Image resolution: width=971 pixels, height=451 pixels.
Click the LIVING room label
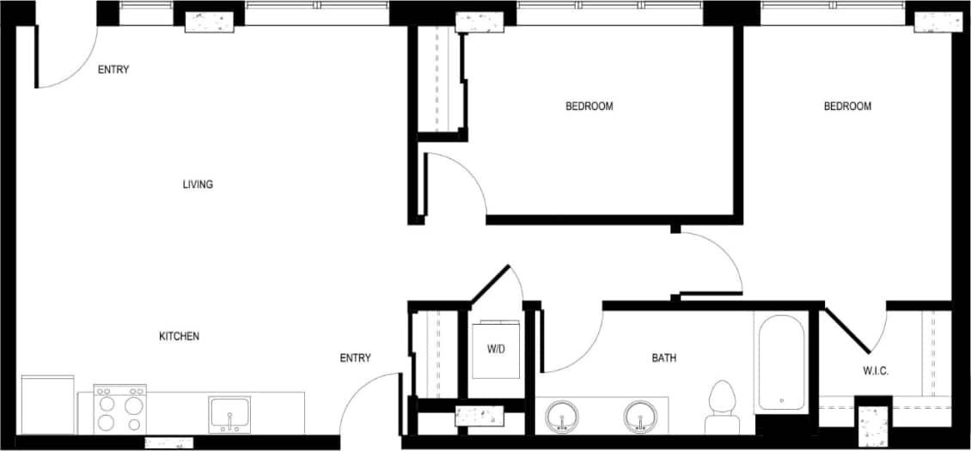pyautogui.click(x=198, y=185)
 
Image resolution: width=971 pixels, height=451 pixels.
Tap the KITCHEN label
pyautogui.click(x=179, y=337)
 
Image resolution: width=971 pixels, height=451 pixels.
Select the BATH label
pyautogui.click(x=663, y=358)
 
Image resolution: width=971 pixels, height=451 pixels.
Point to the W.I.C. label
pyautogui.click(x=875, y=371)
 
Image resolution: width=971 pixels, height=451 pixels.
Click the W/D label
pyautogui.click(x=496, y=350)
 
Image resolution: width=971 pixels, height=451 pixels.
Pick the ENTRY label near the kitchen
pyautogui.click(x=355, y=358)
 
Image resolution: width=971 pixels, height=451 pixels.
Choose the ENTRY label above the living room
pyautogui.click(x=113, y=70)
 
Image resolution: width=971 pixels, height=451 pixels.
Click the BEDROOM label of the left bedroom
pyautogui.click(x=589, y=107)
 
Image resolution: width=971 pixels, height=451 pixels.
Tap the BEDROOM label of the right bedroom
pyautogui.click(x=847, y=107)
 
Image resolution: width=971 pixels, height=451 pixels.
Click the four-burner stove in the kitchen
pyautogui.click(x=120, y=410)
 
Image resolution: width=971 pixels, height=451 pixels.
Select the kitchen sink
pyautogui.click(x=230, y=414)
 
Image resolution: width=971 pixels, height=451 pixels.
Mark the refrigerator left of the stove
pyautogui.click(x=48, y=405)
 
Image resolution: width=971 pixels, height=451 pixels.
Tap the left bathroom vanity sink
pyautogui.click(x=563, y=417)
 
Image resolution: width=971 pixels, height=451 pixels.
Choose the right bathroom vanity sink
pyautogui.click(x=639, y=417)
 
